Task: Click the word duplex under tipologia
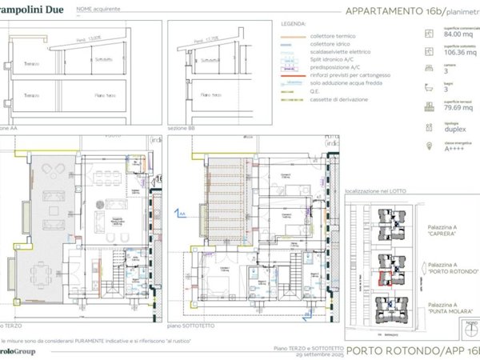click(x=442, y=130)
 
